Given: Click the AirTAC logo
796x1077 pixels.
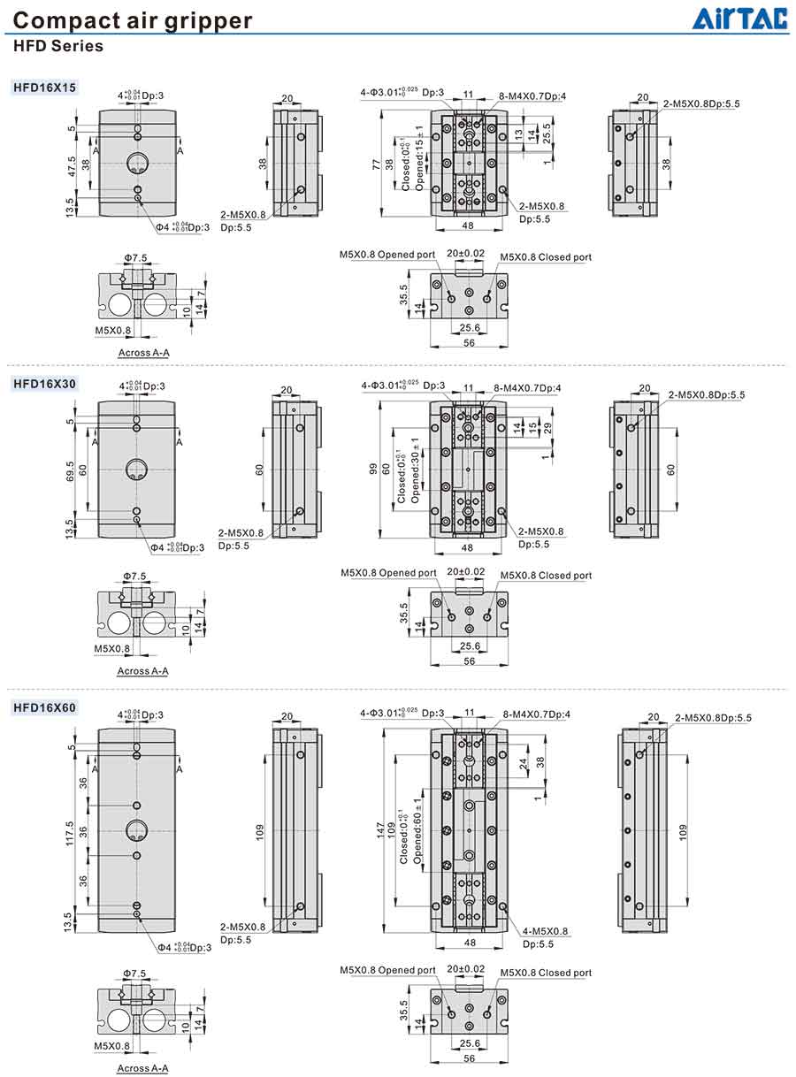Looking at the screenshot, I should pyautogui.click(x=739, y=19).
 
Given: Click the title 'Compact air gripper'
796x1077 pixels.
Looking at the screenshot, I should pyautogui.click(x=133, y=20).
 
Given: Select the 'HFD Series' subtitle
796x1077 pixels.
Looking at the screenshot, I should pyautogui.click(x=59, y=46).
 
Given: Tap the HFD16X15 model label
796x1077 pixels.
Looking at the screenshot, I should pyautogui.click(x=44, y=88).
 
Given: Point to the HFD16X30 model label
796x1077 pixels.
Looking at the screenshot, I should pyautogui.click(x=44, y=383).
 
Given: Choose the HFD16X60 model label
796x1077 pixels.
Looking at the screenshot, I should pyautogui.click(x=44, y=707).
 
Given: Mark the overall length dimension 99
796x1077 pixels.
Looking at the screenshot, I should pyautogui.click(x=375, y=469).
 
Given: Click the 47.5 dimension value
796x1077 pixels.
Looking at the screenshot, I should pyautogui.click(x=72, y=163).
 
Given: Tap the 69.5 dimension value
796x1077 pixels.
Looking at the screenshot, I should pyautogui.click(x=72, y=470).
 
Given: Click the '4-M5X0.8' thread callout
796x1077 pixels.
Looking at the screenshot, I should pyautogui.click(x=545, y=931).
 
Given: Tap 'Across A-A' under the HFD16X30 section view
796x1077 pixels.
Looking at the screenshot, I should pyautogui.click(x=142, y=671).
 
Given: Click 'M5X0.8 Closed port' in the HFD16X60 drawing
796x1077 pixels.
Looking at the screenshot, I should pyautogui.click(x=546, y=973).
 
